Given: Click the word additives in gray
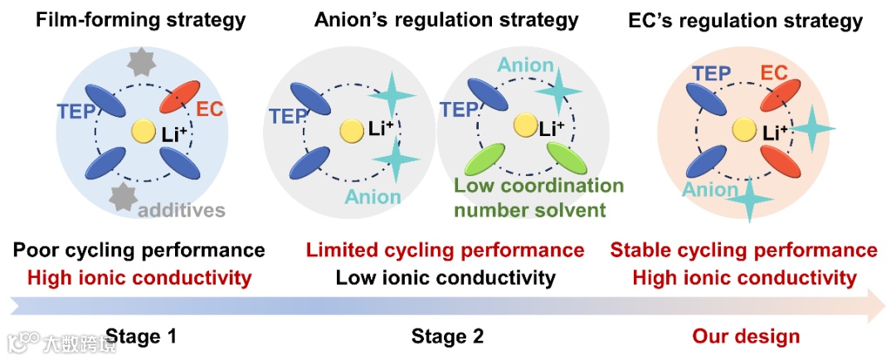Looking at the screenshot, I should point(181,210).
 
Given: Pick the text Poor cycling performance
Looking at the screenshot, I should point(139,250).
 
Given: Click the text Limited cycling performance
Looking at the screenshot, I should point(445,250).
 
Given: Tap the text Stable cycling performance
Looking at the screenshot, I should point(743,250).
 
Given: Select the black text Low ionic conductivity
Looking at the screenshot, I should point(445,277).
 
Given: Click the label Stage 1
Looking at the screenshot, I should point(141,336).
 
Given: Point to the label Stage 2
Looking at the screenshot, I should point(447,336).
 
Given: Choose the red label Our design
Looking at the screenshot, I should point(746,336).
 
